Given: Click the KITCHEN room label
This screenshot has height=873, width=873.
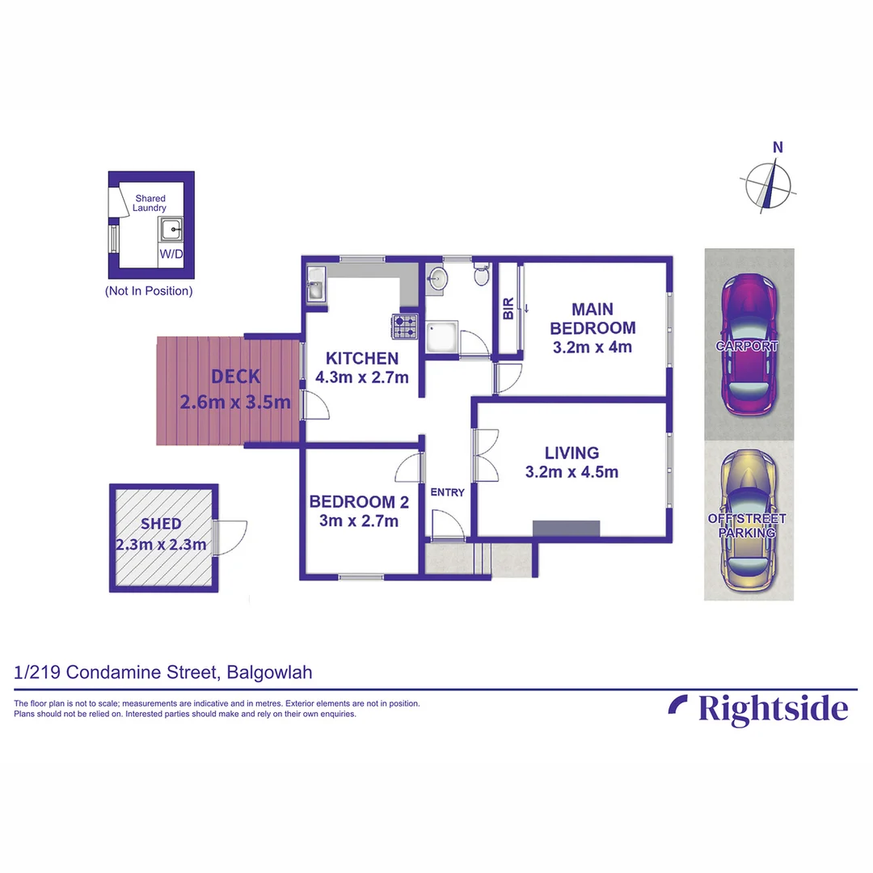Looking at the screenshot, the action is (361, 358).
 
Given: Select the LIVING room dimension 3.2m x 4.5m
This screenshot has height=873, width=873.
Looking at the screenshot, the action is (571, 472).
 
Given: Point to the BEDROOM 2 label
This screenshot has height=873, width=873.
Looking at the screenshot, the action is (359, 502).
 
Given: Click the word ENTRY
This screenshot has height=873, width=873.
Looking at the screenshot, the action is (447, 492).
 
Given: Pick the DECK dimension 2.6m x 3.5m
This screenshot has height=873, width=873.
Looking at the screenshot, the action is (234, 403).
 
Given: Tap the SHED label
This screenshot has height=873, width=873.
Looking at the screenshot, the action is (161, 524).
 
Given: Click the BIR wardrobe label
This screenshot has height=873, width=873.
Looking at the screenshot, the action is (508, 308).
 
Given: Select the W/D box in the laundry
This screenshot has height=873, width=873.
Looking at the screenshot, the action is (171, 255).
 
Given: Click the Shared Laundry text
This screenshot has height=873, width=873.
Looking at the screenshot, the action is (150, 203).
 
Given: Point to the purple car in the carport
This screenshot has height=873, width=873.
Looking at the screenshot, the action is (749, 344).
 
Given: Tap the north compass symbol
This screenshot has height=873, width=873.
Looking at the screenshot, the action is (773, 183).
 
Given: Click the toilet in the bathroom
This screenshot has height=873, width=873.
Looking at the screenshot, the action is (481, 275).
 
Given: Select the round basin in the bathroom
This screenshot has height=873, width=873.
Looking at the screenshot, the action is (437, 278).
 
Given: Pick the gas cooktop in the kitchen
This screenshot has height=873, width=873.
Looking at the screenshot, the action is (405, 327).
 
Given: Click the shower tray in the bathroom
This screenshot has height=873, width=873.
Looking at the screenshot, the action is (441, 339).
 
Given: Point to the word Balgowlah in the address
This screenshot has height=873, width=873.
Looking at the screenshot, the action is (270, 672).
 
